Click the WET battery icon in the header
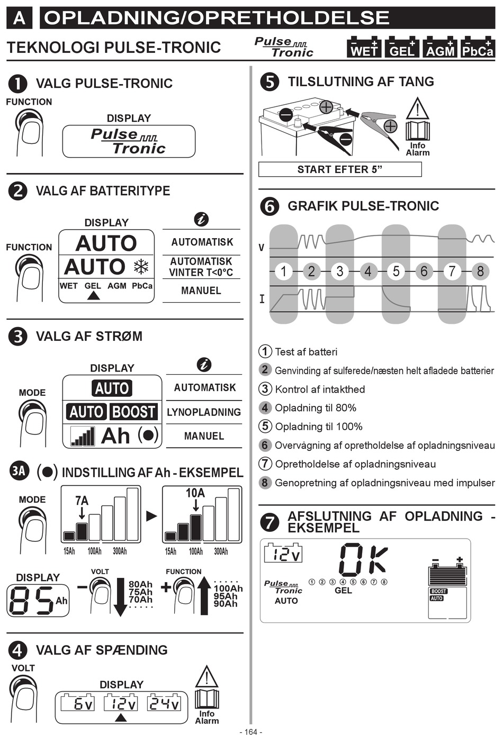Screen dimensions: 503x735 (x=364, y=47)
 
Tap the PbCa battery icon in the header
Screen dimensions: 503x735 (x=478, y=47)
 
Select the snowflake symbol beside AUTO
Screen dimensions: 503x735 (x=141, y=267)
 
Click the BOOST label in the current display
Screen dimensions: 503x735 (x=133, y=412)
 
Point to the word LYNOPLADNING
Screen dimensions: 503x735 (x=204, y=412)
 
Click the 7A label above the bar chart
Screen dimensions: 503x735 (x=82, y=501)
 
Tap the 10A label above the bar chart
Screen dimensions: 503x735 (x=195, y=493)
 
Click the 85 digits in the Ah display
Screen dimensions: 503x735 (x=31, y=601)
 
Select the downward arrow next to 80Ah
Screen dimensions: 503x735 (x=121, y=597)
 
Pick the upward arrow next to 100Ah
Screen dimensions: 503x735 (x=204, y=596)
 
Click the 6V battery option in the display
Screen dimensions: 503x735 (x=78, y=703)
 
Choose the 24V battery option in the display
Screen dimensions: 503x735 (x=164, y=703)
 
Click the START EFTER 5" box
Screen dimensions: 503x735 (x=340, y=169)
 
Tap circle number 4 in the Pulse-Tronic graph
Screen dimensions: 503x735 (x=368, y=271)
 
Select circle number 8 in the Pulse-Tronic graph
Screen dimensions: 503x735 (x=480, y=271)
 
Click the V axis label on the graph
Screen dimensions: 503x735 (x=262, y=248)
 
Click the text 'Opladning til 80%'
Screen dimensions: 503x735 (x=316, y=408)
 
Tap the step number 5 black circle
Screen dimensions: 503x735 (x=270, y=81)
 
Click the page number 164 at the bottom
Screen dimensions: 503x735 (x=251, y=731)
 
